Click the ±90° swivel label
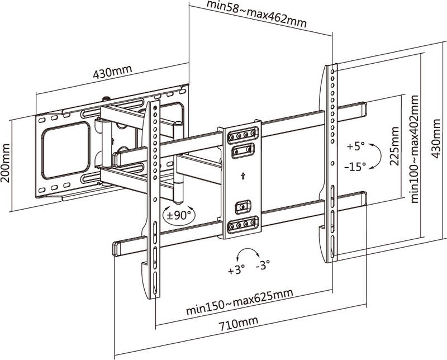(179, 214)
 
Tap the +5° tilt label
(355, 146)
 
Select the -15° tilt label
(355, 166)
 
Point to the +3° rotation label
(237, 272)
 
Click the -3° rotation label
(263, 266)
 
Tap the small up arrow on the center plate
(242, 176)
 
